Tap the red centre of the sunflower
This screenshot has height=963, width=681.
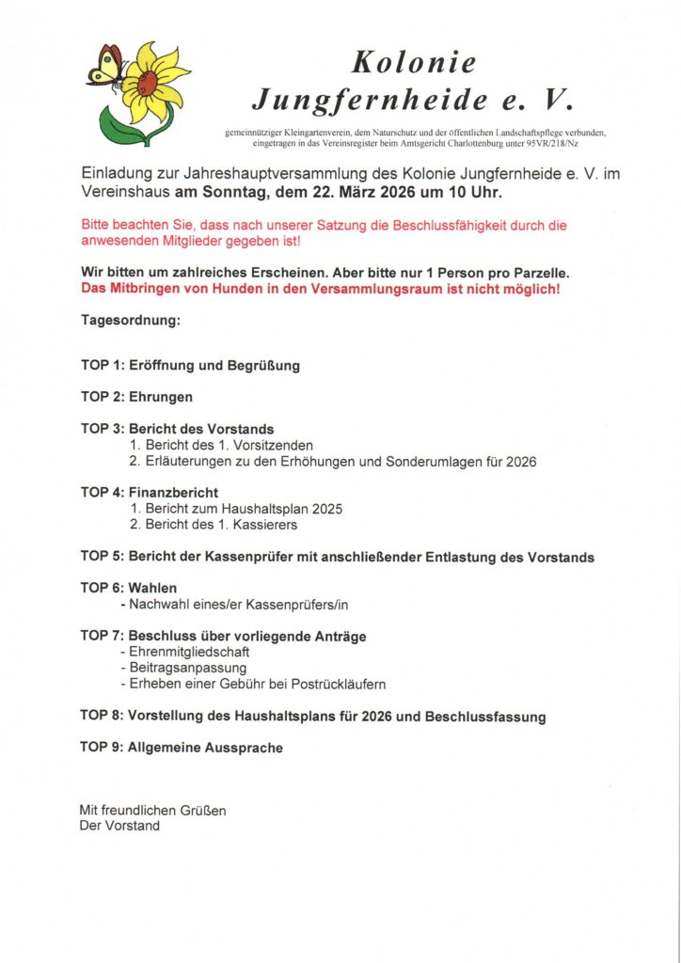(x=148, y=83)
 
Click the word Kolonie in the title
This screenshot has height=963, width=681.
(x=414, y=62)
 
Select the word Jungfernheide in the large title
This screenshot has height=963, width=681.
(x=371, y=98)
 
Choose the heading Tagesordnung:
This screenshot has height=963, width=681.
(x=130, y=321)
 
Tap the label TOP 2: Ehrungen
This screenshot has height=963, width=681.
(x=136, y=397)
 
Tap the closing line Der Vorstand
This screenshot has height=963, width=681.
(x=119, y=826)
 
